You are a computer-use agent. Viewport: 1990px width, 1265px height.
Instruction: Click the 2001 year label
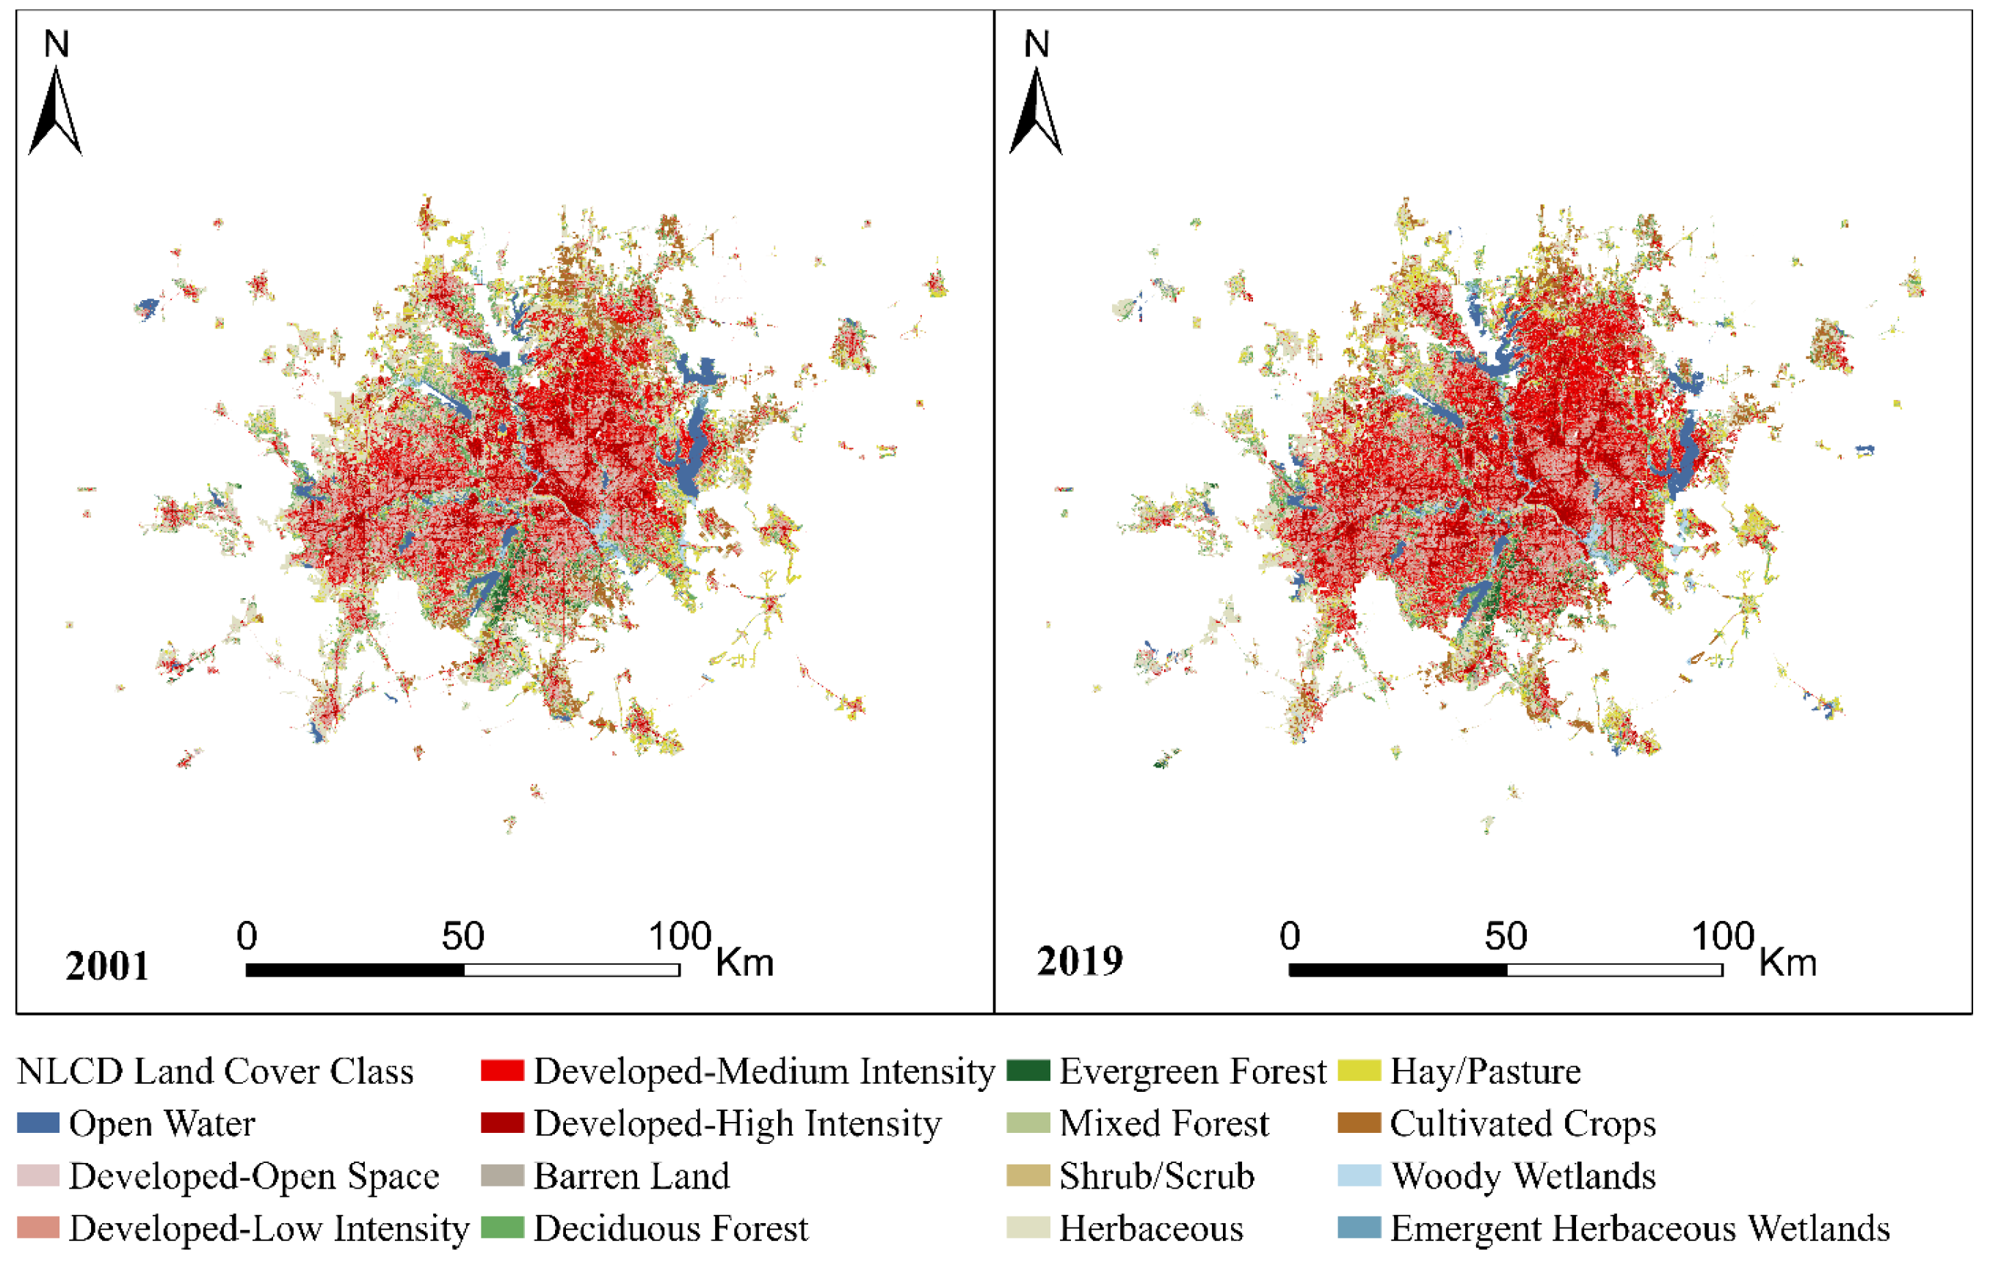click(x=107, y=966)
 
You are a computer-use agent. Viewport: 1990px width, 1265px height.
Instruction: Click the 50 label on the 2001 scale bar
click(x=462, y=936)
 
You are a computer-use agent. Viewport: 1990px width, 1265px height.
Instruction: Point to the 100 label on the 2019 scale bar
click(x=1722, y=936)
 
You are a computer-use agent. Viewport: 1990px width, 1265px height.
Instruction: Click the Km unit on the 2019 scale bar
click(x=1787, y=963)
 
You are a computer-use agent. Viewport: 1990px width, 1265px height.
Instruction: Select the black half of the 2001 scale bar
click(x=355, y=970)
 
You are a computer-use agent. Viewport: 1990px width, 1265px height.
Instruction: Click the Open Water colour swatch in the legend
click(x=38, y=1123)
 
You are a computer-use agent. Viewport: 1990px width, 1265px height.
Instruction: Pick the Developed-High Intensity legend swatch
click(x=503, y=1123)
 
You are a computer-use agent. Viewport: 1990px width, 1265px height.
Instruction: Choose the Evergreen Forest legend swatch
click(x=1028, y=1071)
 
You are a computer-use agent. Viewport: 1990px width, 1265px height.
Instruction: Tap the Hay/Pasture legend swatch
click(x=1359, y=1071)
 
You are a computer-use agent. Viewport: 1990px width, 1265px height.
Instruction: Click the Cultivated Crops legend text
click(x=1522, y=1123)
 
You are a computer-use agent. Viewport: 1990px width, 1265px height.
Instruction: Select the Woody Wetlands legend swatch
click(x=1359, y=1175)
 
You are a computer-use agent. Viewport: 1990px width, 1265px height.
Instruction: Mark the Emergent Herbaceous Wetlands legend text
click(x=1640, y=1228)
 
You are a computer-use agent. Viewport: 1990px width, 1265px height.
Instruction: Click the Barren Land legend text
click(x=631, y=1175)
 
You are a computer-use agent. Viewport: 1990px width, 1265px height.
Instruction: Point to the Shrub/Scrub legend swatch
click(x=1028, y=1175)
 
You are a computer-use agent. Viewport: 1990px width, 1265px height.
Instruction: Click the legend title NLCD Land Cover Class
click(x=215, y=1072)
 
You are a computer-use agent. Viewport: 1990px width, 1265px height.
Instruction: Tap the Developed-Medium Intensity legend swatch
click(x=503, y=1071)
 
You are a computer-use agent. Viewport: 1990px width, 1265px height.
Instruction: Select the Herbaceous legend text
click(x=1150, y=1228)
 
